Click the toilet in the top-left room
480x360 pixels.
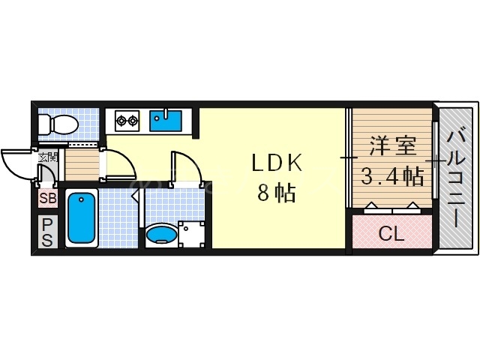click(x=58, y=123)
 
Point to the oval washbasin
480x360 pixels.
click(x=160, y=236)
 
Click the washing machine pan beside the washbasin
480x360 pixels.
click(x=190, y=234)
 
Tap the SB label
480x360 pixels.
click(x=46, y=199)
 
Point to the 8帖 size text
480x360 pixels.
click(x=275, y=193)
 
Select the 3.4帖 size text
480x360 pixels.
click(x=391, y=177)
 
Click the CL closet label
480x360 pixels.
click(x=391, y=234)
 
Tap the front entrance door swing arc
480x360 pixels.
click(x=16, y=163)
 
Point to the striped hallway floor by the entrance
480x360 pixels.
click(x=81, y=163)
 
